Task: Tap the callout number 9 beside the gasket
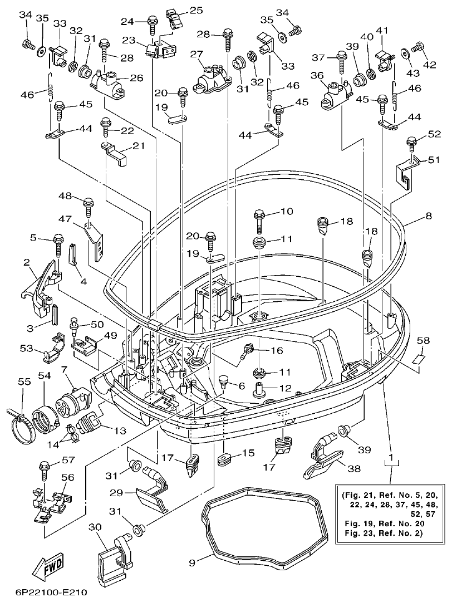192,562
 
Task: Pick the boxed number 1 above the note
392,459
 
